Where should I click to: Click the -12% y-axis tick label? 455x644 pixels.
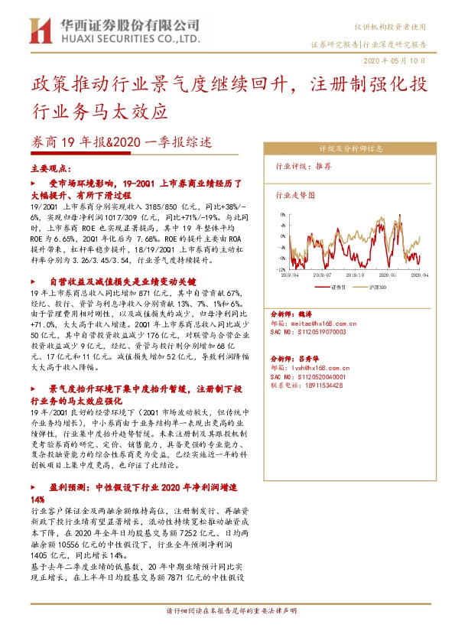click(x=282, y=268)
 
